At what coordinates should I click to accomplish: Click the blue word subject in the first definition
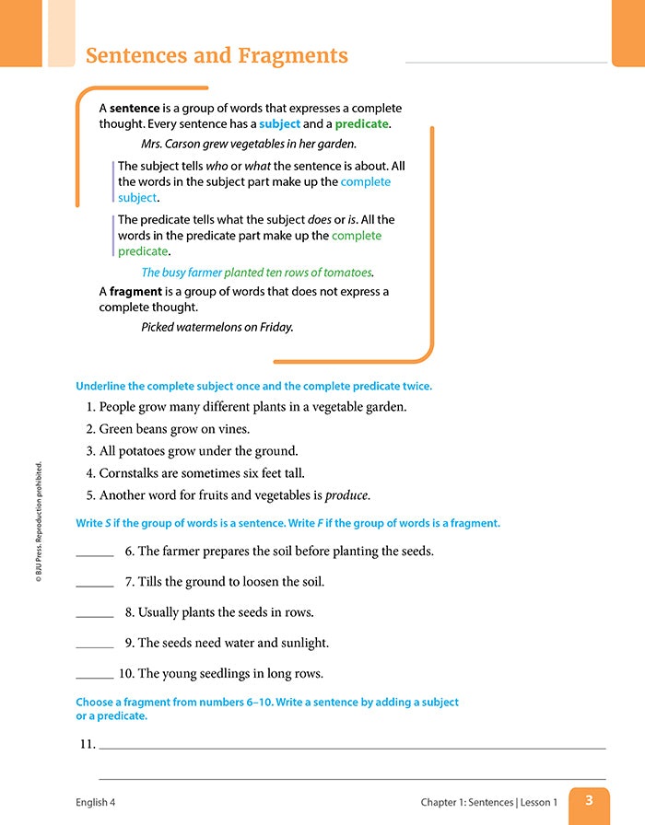(x=279, y=123)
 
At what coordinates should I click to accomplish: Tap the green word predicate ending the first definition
(x=361, y=123)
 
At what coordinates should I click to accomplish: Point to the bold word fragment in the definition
(x=135, y=291)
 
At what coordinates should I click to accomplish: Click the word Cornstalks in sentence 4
(x=132, y=473)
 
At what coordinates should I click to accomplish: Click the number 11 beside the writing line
(x=87, y=743)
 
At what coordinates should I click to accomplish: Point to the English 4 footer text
(x=96, y=802)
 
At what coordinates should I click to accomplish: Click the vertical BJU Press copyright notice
(x=40, y=521)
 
